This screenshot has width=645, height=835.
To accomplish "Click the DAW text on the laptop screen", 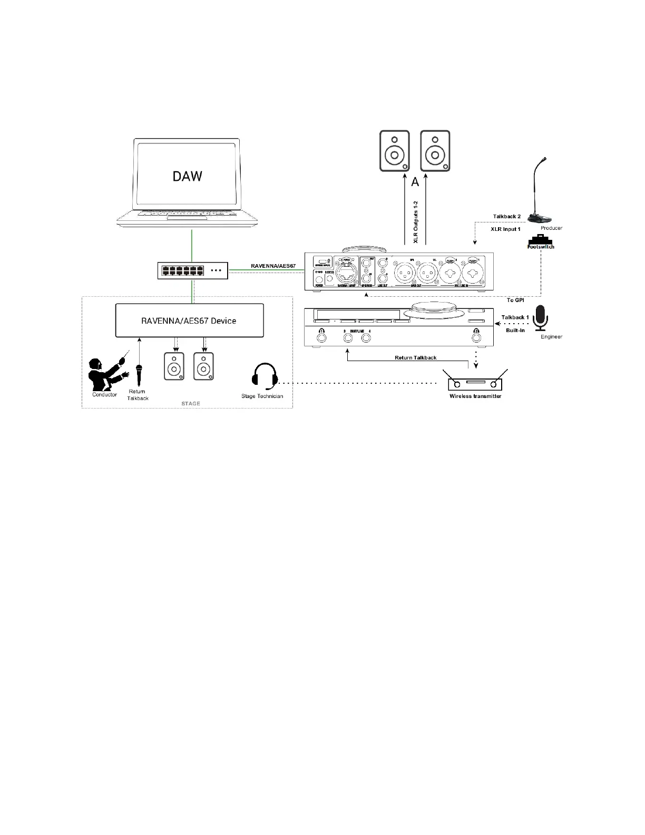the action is coord(187,176).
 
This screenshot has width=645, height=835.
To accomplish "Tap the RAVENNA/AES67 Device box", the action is coord(188,321).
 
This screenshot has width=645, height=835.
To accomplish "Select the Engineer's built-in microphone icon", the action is coord(541,318).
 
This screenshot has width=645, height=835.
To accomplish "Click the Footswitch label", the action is coord(541,246).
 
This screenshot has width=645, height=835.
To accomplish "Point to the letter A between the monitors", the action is coord(415,182).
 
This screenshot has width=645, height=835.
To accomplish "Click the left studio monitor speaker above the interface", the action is coord(394,151).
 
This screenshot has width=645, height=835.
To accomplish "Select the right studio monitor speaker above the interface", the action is coord(435,151).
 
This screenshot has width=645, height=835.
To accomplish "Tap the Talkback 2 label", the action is coord(506,217).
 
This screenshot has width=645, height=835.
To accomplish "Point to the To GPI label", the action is coord(515,300).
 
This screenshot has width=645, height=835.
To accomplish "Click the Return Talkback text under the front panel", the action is coord(415,358).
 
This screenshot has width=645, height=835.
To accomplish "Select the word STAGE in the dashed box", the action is coord(191,403).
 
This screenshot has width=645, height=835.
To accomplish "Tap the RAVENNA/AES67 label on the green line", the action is coord(272,266).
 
